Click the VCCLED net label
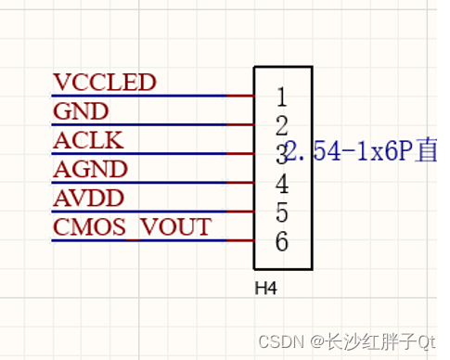(104, 83)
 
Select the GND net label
(81, 112)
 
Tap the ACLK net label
(88, 141)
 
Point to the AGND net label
(90, 170)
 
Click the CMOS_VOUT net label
(132, 227)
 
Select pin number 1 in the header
(281, 96)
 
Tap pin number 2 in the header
(281, 125)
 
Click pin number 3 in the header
(281, 154)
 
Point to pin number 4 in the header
(281, 184)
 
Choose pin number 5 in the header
(281, 212)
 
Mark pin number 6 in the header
(281, 242)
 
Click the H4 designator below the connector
(266, 289)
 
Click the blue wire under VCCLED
(139, 96)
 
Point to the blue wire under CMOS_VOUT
(139, 241)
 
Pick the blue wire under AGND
(139, 183)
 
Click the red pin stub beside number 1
(240, 96)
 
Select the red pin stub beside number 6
(240, 241)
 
